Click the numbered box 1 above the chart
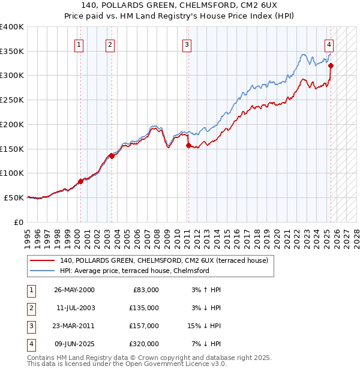click(x=80, y=44)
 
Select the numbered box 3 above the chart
click(x=187, y=44)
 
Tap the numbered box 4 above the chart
click(x=329, y=44)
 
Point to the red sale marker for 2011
click(x=188, y=145)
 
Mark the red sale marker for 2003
click(x=112, y=156)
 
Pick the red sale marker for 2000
click(x=80, y=181)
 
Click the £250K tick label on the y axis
click(x=12, y=100)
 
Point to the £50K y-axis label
click(x=14, y=197)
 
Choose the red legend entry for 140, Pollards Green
click(x=167, y=260)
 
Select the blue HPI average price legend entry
click(x=134, y=271)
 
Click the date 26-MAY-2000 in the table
click(x=74, y=290)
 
